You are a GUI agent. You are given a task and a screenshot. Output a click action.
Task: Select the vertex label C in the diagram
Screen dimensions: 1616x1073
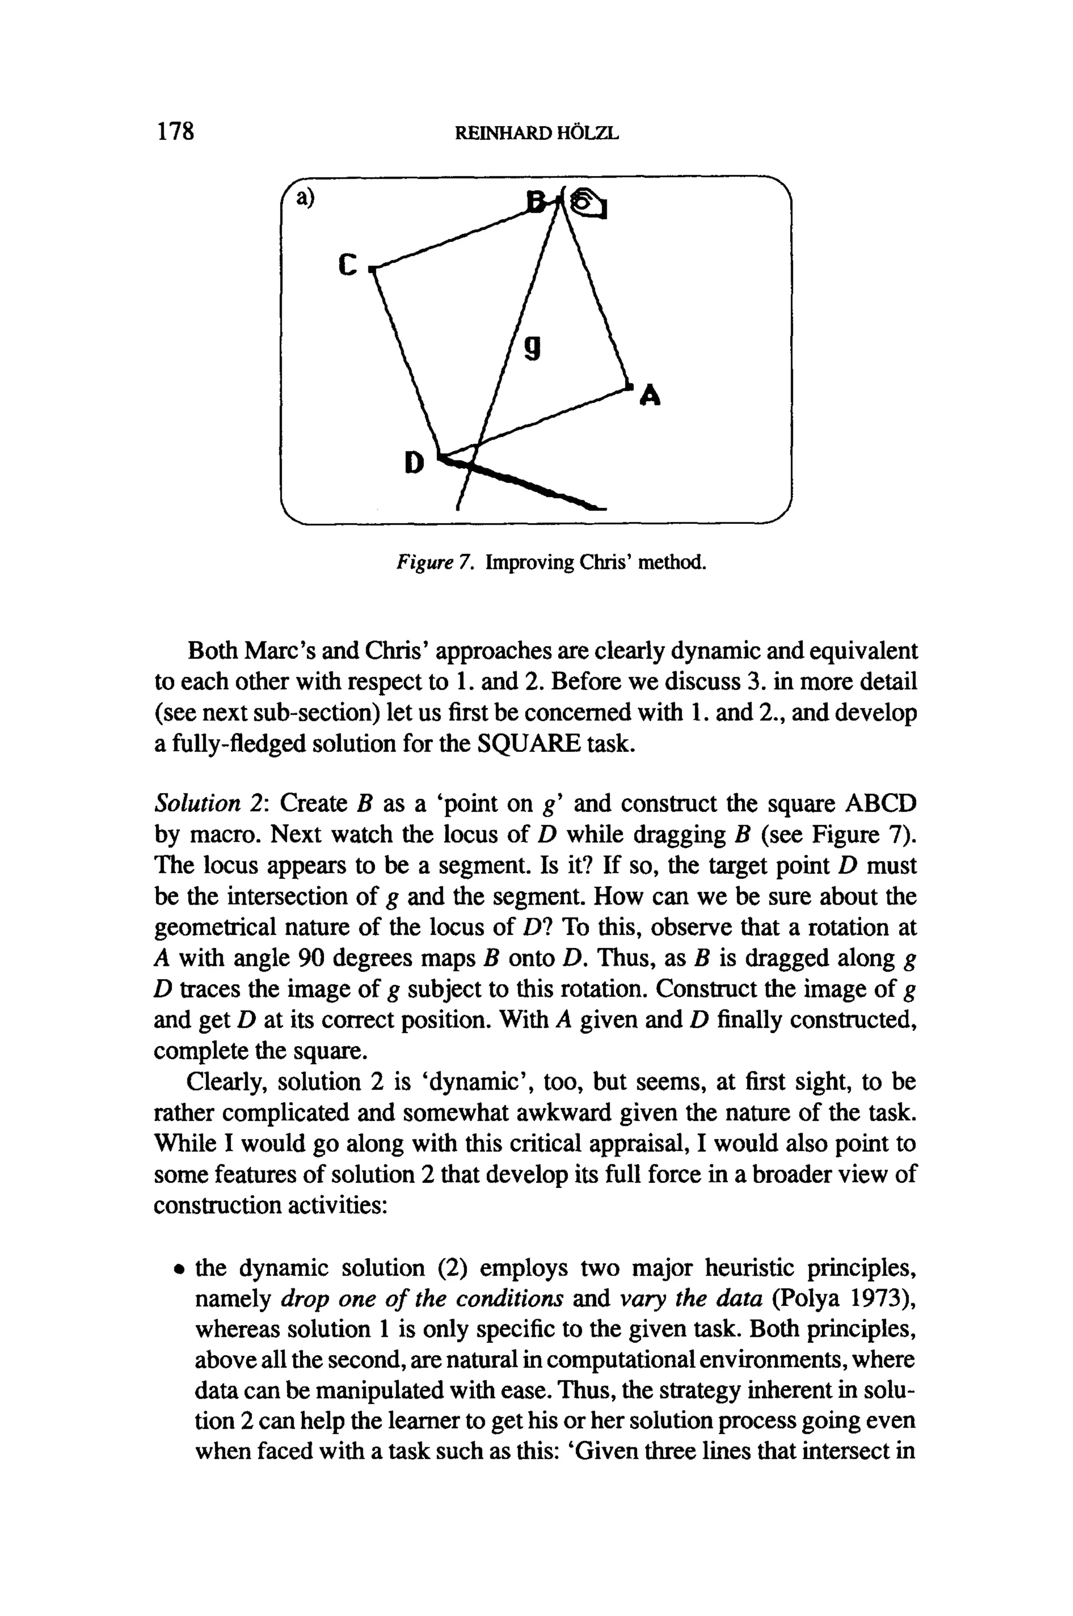pos(348,264)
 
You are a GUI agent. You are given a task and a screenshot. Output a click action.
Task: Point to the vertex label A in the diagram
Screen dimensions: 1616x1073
pos(650,395)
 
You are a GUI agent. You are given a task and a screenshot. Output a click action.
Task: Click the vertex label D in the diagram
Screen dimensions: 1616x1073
pos(414,463)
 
